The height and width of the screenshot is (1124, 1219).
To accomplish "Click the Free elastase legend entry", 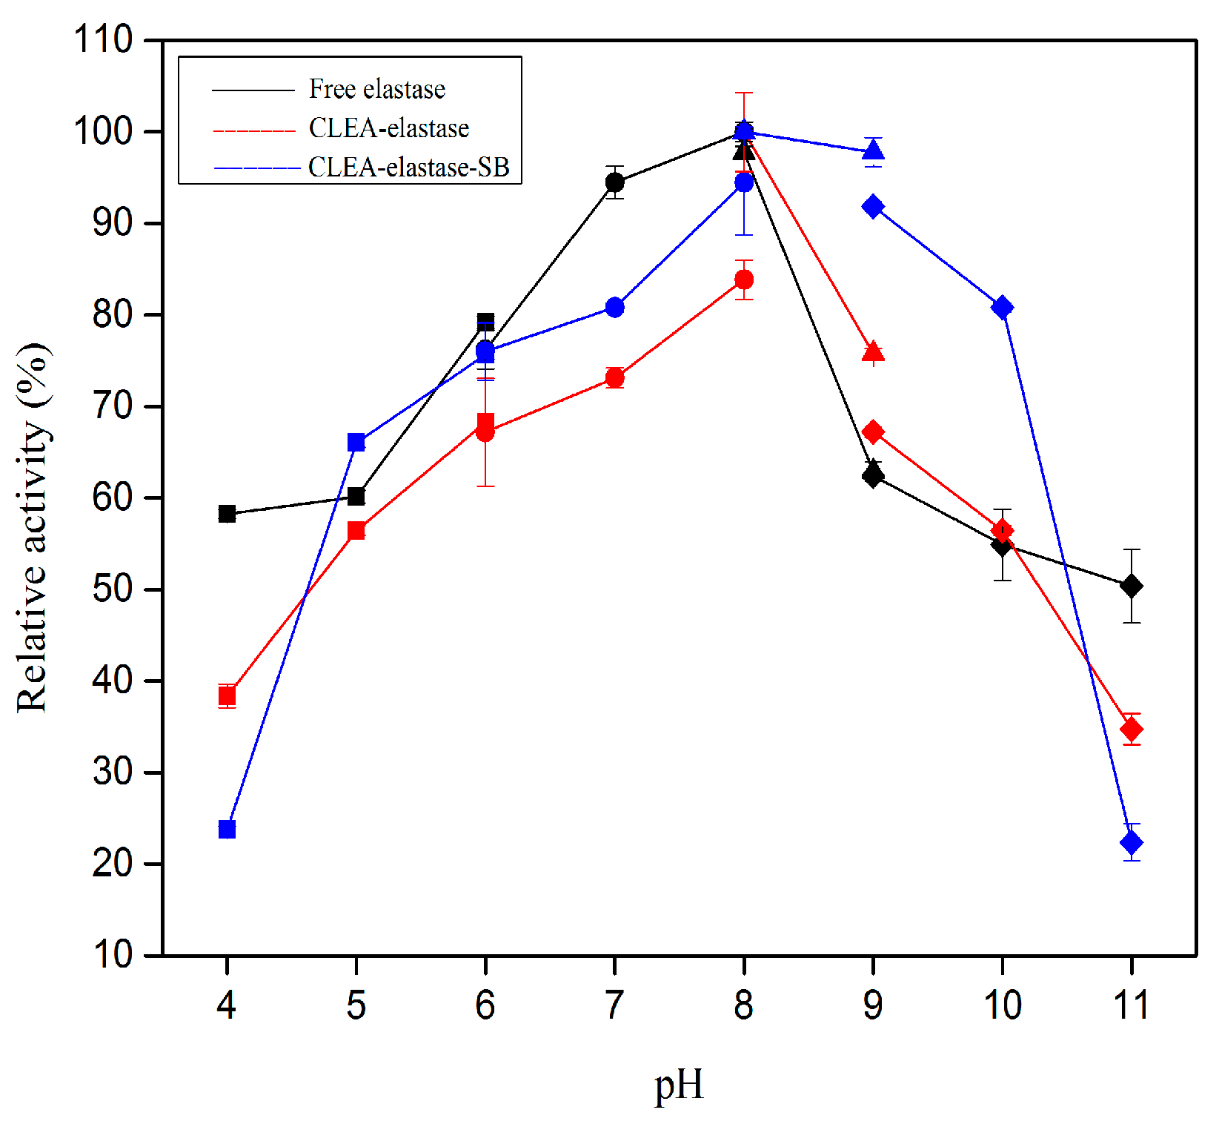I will click(x=376, y=90).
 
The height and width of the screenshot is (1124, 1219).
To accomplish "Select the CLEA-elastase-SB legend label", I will click(x=408, y=168).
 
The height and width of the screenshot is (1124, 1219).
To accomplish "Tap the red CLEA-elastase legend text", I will click(x=388, y=128).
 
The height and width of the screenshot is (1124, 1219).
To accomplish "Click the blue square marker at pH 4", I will click(x=227, y=829).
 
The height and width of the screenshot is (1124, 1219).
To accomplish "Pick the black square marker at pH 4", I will click(x=227, y=514).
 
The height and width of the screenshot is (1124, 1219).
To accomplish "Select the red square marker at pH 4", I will click(x=227, y=695).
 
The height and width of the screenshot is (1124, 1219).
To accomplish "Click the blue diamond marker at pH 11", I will click(x=1131, y=843).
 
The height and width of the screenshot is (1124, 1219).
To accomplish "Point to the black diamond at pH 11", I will click(x=1131, y=586).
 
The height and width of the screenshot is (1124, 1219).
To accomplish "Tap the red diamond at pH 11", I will click(x=1131, y=730).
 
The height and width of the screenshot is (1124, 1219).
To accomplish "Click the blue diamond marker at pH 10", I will click(x=1002, y=307).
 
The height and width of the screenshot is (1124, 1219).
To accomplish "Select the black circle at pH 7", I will click(x=614, y=182).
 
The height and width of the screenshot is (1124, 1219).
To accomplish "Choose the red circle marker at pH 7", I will click(x=614, y=378).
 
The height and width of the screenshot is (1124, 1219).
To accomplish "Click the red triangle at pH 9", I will click(x=873, y=351).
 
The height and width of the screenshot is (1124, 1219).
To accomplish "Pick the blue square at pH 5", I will click(x=356, y=443).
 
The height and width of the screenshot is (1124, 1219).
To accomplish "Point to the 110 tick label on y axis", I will click(x=102, y=39).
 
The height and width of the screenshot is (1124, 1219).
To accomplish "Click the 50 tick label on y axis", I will click(x=112, y=589).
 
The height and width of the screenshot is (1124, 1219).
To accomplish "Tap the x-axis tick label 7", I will click(x=614, y=1005).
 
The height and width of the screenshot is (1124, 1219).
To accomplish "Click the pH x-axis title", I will click(x=678, y=1085).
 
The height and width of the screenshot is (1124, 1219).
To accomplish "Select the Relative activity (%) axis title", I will click(x=33, y=527).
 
